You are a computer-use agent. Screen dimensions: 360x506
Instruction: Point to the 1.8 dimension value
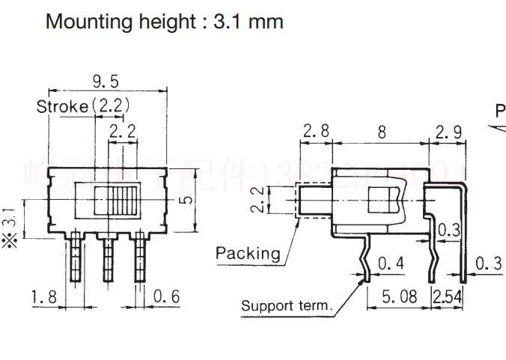pyautogui.click(x=45, y=297)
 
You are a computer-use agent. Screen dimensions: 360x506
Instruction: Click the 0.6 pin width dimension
pyautogui.click(x=166, y=297)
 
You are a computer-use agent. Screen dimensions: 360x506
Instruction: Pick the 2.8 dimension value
pyautogui.click(x=316, y=132)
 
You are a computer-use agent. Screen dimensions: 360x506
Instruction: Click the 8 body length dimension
pyautogui.click(x=382, y=132)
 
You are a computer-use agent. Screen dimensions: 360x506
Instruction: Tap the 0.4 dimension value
pyautogui.click(x=386, y=263)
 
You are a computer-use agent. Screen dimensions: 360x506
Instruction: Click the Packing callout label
pyautogui.click(x=248, y=252)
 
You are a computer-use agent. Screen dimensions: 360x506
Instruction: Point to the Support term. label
pyautogui.click(x=287, y=305)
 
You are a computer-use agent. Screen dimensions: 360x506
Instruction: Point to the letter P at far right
pyautogui.click(x=500, y=112)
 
